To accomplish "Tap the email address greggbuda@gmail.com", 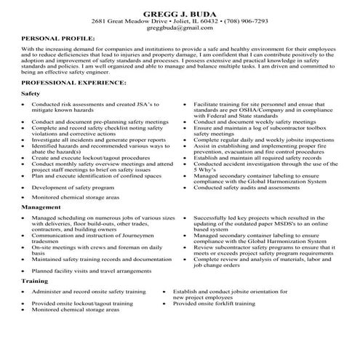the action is [x=179, y=30].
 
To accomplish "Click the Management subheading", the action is [x=41, y=208].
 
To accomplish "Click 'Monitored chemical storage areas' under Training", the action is [x=75, y=310].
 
